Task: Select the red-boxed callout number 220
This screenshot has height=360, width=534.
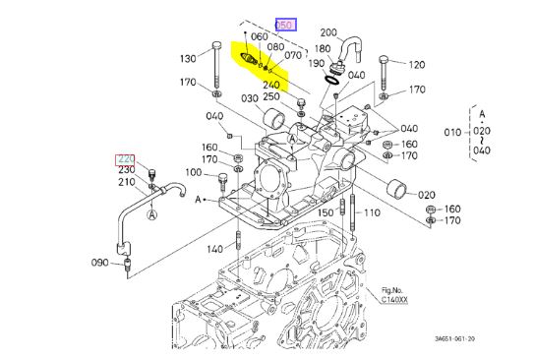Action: click(126, 159)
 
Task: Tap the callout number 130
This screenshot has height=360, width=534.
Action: click(188, 59)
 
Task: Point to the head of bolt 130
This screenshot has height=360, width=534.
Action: click(216, 45)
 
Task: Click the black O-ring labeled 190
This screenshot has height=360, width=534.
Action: click(331, 81)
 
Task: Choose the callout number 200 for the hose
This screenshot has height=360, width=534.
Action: click(328, 32)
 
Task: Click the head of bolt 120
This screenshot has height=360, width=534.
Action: click(384, 59)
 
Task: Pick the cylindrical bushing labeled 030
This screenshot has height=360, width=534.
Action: click(274, 119)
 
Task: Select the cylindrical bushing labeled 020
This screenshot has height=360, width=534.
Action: click(397, 188)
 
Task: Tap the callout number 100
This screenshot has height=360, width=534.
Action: click(194, 172)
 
